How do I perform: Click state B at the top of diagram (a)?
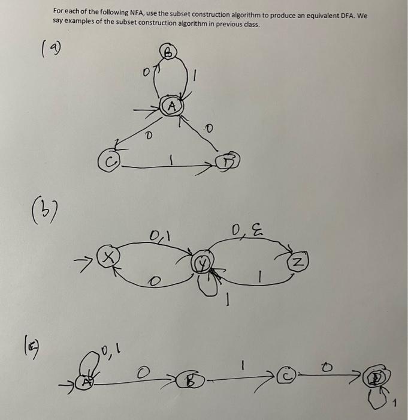168,53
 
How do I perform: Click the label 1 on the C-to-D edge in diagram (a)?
171,160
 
